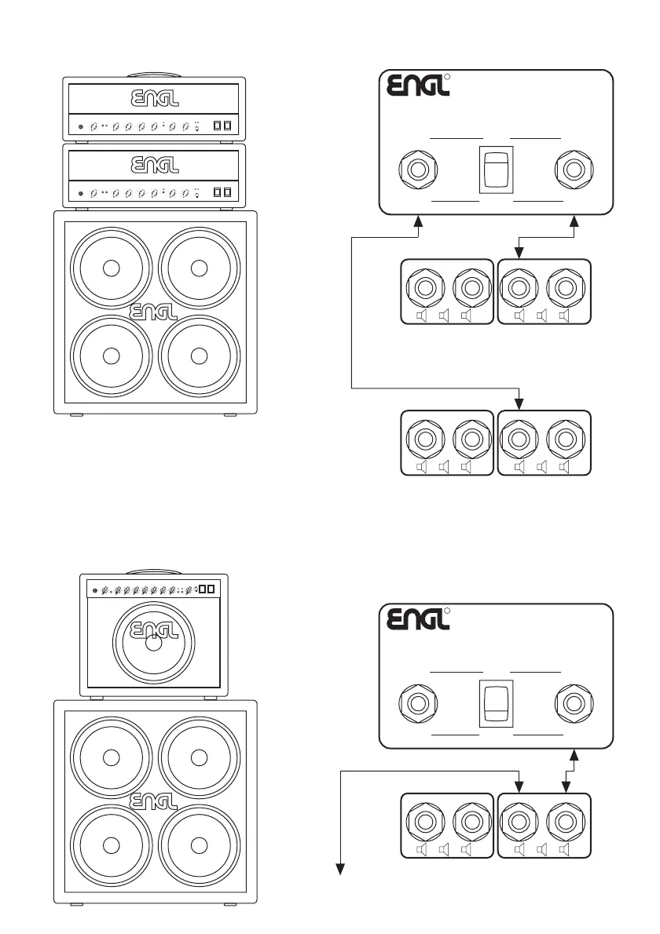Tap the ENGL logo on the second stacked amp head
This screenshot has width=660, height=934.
click(x=154, y=166)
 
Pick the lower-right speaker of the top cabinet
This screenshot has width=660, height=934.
click(x=199, y=355)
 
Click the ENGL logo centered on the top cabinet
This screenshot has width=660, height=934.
click(x=154, y=312)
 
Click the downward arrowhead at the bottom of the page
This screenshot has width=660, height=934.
click(x=342, y=868)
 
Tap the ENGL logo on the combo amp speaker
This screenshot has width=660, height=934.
click(x=154, y=631)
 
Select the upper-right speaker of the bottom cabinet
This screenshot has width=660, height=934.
click(x=199, y=757)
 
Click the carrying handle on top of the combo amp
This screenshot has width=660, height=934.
click(x=154, y=571)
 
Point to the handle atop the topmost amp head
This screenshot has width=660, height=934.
click(x=154, y=74)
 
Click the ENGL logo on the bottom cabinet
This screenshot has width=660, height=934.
click(x=154, y=801)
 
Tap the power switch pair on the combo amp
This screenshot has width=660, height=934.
click(x=207, y=589)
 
